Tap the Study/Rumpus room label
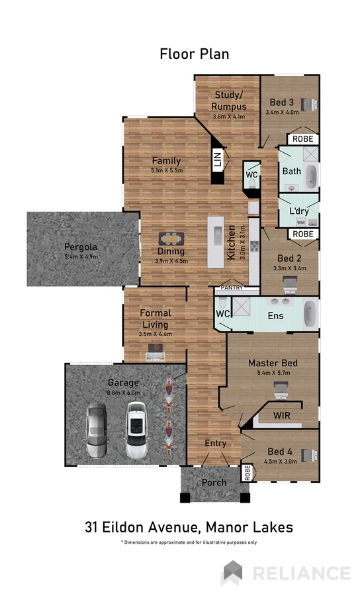pyautogui.click(x=229, y=101)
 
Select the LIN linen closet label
pyautogui.click(x=216, y=160)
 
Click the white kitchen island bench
pyautogui.click(x=216, y=242)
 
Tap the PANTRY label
pyautogui.click(x=232, y=288)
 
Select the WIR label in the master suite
pyautogui.click(x=283, y=415)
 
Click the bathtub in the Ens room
pyautogui.click(x=310, y=314)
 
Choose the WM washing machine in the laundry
pyautogui.click(x=300, y=223)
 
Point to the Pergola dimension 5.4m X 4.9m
pyautogui.click(x=81, y=256)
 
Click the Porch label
pyautogui.click(x=214, y=483)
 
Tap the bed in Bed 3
pyautogui.click(x=308, y=104)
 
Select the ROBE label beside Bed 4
pyautogui.click(x=247, y=473)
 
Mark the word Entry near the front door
pyautogui.click(x=216, y=444)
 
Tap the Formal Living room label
pyautogui.click(x=156, y=319)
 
